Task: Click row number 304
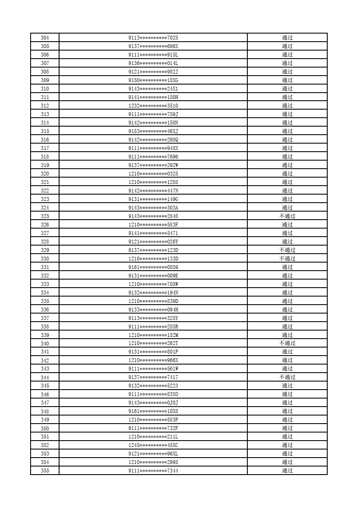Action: [x=45, y=38]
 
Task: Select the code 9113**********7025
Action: [x=153, y=38]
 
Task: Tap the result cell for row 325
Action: [x=287, y=216]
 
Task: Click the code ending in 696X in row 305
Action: [x=153, y=46]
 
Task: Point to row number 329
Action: [x=45, y=250]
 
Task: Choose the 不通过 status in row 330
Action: [x=287, y=259]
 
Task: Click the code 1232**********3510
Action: [x=153, y=106]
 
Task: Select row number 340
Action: [x=45, y=343]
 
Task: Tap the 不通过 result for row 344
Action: [x=287, y=377]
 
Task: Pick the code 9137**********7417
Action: [x=153, y=377]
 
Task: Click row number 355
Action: [x=45, y=470]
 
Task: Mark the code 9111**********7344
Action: [x=153, y=470]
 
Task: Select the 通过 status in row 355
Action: [x=287, y=470]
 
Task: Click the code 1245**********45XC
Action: [x=153, y=445]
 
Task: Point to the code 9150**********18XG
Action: [x=153, y=80]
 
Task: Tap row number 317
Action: [x=45, y=148]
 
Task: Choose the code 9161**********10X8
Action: [x=153, y=411]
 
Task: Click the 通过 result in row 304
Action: [x=287, y=38]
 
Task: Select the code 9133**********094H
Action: [x=153, y=310]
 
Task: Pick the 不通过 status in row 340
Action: [x=287, y=343]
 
